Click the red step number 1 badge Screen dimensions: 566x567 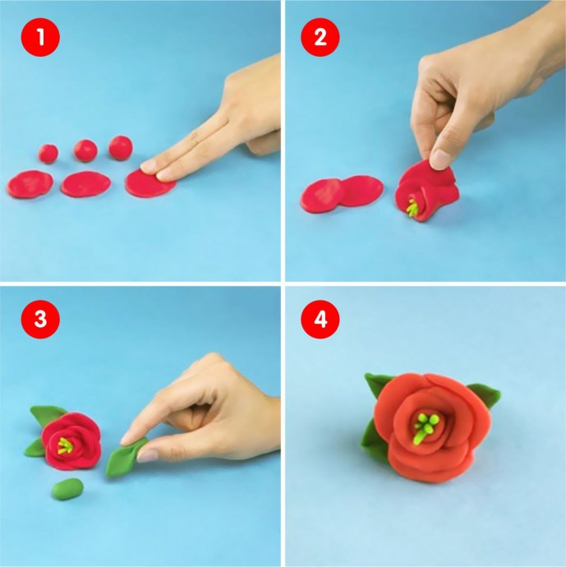(40, 37)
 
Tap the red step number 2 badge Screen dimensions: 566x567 (320, 37)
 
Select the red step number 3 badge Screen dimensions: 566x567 (40, 319)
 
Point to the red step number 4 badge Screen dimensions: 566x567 (320, 319)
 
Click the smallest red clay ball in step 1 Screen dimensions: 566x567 (48, 154)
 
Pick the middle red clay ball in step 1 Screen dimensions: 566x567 (85, 150)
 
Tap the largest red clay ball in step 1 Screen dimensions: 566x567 (121, 148)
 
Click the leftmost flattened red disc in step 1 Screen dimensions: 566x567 (30, 184)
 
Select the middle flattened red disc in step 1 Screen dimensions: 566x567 (85, 184)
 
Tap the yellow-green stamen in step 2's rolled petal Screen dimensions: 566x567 (412, 208)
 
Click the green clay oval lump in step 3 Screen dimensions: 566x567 (67, 489)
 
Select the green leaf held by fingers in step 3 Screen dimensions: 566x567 (125, 456)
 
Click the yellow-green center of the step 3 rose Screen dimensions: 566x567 (64, 445)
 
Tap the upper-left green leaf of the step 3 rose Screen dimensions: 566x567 (46, 415)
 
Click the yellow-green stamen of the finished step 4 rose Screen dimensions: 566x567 (426, 426)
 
